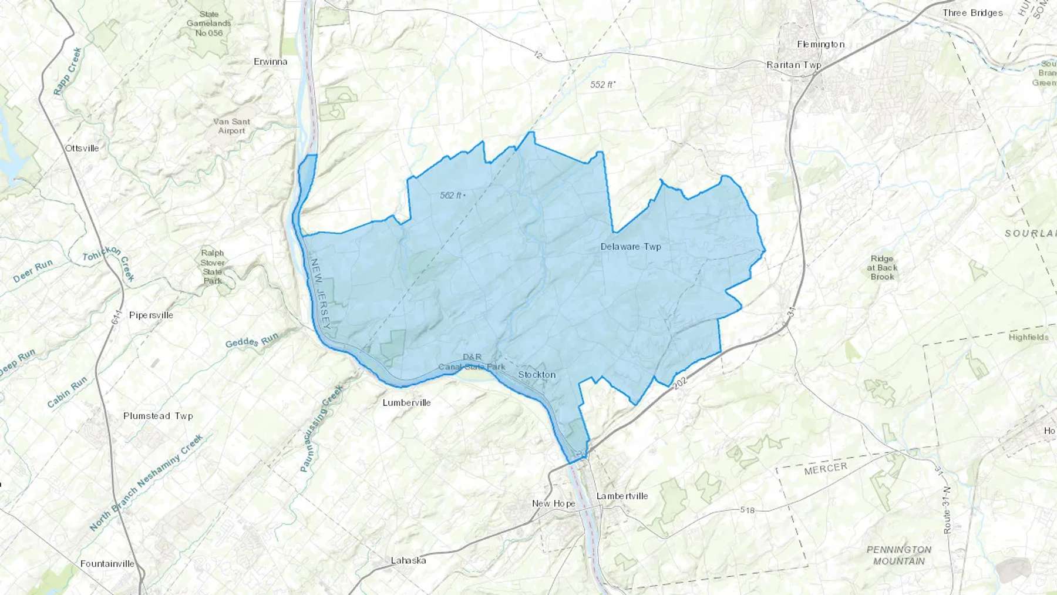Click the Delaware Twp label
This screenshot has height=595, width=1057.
(631, 247)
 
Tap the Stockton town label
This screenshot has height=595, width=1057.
(537, 375)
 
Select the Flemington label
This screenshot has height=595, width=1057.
(820, 45)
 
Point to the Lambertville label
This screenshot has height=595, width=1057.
(622, 496)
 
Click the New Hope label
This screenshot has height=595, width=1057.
(553, 504)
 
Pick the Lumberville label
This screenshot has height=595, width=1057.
(406, 403)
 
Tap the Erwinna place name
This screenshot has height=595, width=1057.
(271, 62)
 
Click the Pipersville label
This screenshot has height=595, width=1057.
(151, 315)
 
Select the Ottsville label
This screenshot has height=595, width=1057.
(82, 149)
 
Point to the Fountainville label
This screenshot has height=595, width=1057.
(107, 564)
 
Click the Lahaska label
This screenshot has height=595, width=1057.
(409, 561)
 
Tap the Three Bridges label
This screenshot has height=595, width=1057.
(972, 13)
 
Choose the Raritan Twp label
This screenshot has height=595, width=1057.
(793, 65)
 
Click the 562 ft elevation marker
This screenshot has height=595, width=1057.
(452, 196)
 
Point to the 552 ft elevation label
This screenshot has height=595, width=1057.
(602, 85)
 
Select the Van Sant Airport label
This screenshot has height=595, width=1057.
(232, 126)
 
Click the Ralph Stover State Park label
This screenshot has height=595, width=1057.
(213, 267)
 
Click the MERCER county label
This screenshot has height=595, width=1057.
(826, 469)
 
